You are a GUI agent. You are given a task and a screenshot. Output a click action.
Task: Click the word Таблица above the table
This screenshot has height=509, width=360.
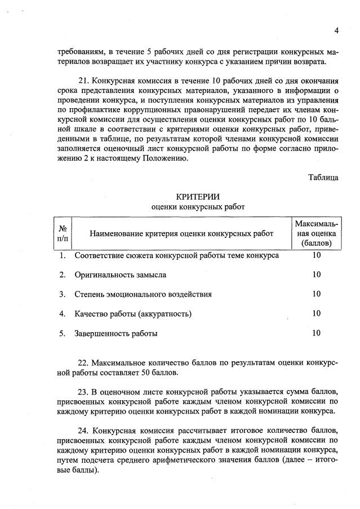pos(323,177)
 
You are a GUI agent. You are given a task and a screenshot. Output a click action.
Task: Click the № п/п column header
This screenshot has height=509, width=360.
pos(63,233)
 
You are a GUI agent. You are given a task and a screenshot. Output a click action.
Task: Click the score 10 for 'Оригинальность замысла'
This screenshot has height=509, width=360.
pos(316,275)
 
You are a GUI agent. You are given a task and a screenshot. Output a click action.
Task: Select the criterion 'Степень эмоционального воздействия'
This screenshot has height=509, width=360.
pos(143,294)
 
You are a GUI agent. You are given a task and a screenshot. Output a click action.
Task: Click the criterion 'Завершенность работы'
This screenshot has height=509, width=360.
pos(116,333)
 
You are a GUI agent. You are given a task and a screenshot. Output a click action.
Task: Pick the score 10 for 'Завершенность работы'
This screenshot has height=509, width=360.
pos(316,333)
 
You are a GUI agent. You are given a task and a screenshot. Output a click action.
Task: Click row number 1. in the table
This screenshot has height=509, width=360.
pos(63,255)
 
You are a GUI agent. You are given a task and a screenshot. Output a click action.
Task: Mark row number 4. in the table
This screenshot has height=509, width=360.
pos(63,313)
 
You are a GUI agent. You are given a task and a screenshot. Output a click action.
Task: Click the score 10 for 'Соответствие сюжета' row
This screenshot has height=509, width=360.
pos(316,255)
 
